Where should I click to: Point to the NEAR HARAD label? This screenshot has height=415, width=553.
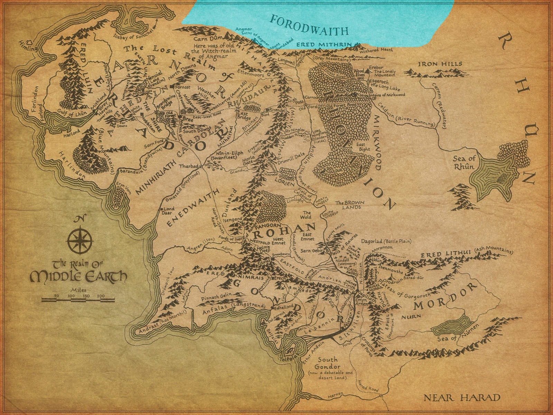pos(462,397)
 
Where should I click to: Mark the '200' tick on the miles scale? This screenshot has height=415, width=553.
pos(101,296)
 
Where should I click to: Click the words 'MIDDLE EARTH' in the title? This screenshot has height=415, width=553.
pos(78,277)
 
